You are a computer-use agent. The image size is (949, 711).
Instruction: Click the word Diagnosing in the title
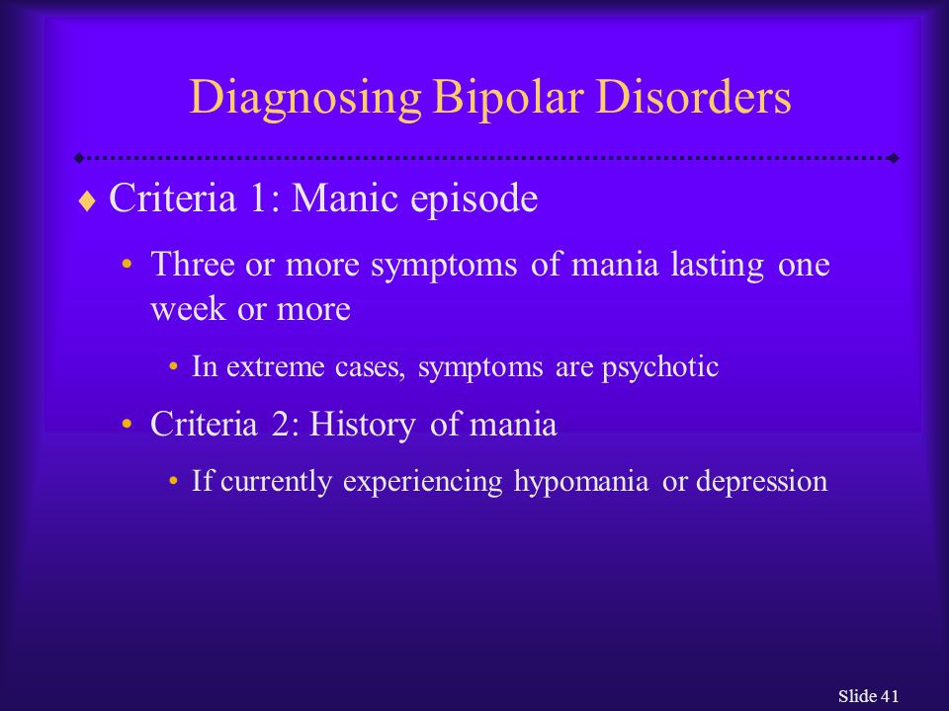click(305, 99)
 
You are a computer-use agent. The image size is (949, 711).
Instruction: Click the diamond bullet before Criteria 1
click(87, 201)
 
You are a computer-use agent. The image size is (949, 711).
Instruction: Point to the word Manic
click(344, 197)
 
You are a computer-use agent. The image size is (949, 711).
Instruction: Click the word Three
click(193, 264)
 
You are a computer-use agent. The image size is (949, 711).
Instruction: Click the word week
click(188, 308)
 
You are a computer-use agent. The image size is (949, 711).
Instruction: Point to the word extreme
click(276, 367)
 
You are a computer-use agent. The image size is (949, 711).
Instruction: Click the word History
click(363, 425)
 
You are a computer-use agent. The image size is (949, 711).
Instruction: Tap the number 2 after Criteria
click(280, 424)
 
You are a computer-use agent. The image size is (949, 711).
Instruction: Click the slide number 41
click(890, 696)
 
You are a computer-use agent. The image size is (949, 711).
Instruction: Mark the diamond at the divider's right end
click(893, 158)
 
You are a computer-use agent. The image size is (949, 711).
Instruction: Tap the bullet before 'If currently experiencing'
click(174, 482)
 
